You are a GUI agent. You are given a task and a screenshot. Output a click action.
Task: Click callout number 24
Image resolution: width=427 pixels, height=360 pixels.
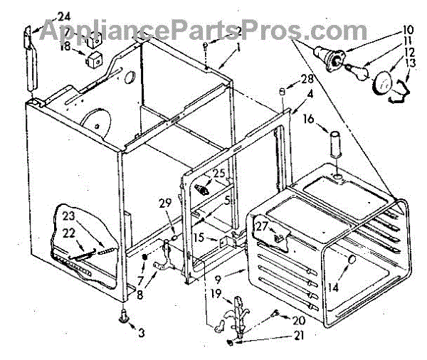click(x=64, y=16)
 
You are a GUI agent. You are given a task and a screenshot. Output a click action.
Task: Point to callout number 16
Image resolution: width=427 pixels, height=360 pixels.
click(x=307, y=120)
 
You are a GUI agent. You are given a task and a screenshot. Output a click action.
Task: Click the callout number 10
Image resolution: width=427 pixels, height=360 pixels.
click(x=408, y=30)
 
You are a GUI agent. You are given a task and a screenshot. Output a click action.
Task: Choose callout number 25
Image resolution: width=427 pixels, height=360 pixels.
click(x=218, y=173)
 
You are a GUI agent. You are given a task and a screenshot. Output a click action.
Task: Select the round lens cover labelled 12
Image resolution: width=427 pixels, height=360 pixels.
click(x=384, y=83)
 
